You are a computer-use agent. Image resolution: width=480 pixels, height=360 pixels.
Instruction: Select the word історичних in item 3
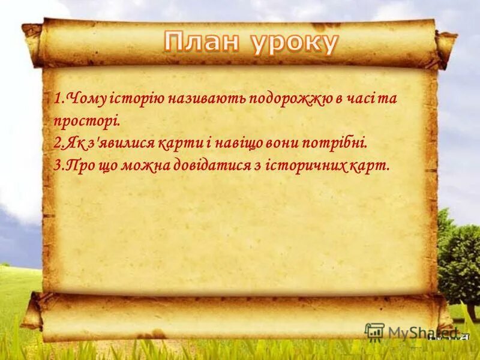click(x=305, y=165)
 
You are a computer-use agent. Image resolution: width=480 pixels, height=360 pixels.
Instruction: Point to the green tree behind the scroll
click(x=459, y=252)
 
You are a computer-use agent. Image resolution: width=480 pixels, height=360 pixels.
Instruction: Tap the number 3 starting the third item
click(x=56, y=165)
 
